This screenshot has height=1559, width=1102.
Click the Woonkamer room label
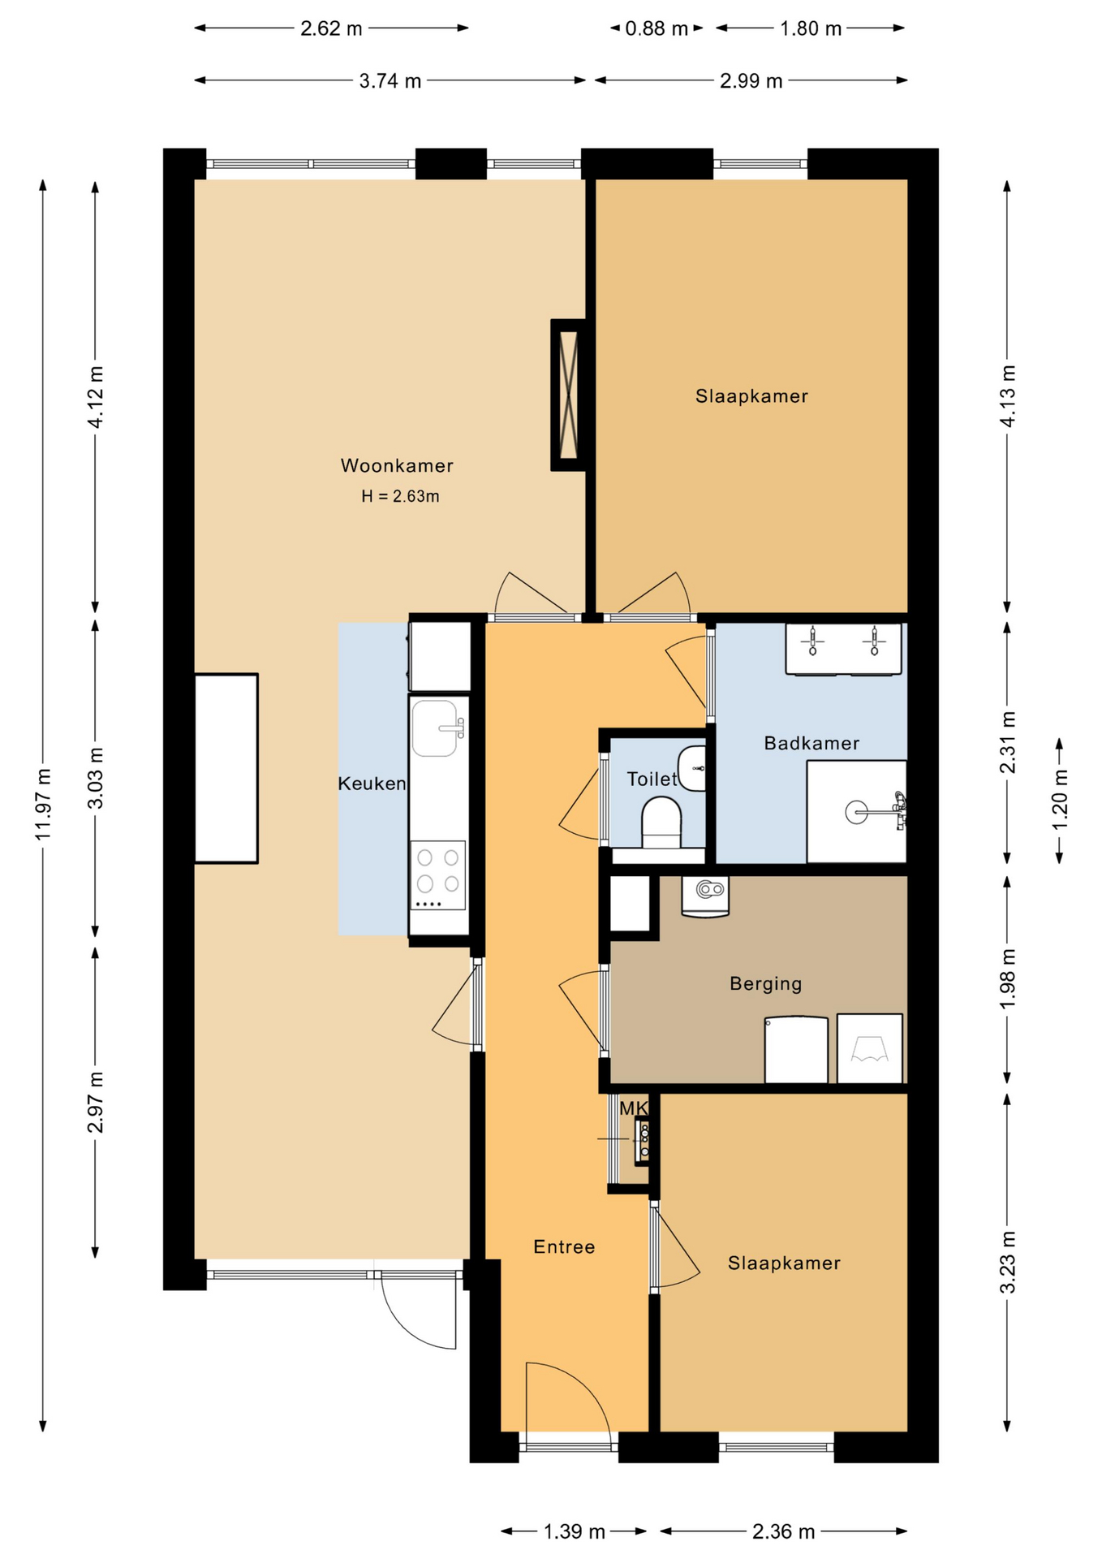[x=397, y=465]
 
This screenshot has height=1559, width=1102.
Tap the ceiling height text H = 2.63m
[x=400, y=496]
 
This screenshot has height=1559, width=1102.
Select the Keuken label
[x=372, y=784]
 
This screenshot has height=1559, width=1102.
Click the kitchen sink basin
[x=435, y=728]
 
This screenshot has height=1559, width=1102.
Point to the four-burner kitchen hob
[x=438, y=875]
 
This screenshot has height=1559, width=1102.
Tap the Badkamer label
[x=811, y=743]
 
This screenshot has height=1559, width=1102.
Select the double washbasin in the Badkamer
[x=843, y=649]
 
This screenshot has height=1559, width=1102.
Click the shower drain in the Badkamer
[x=856, y=811]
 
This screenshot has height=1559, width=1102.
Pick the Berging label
[x=766, y=984]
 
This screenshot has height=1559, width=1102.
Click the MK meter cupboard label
[x=634, y=1108]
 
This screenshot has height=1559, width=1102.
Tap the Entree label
[x=564, y=1247]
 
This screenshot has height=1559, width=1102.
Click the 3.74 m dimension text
[x=390, y=80]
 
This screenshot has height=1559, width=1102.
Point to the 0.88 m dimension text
[x=656, y=28]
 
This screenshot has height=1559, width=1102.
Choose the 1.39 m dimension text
[x=575, y=1531]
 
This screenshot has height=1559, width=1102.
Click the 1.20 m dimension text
[x=1060, y=800]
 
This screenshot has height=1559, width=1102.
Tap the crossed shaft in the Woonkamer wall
[x=569, y=395]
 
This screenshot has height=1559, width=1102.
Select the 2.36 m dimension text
[x=784, y=1531]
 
